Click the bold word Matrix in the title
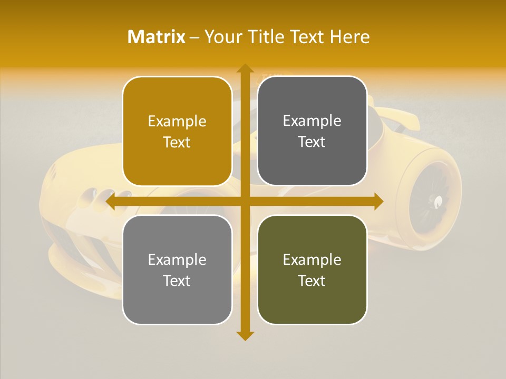157,37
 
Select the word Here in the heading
349,37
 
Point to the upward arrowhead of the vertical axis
245,68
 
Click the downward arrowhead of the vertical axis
245,335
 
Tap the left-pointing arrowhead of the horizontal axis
111,201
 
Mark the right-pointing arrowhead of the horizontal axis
378,201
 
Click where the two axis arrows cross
245,201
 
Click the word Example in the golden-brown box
177,122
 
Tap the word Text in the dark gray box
312,142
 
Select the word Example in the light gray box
177,260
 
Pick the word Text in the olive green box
312,281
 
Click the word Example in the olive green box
312,260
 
